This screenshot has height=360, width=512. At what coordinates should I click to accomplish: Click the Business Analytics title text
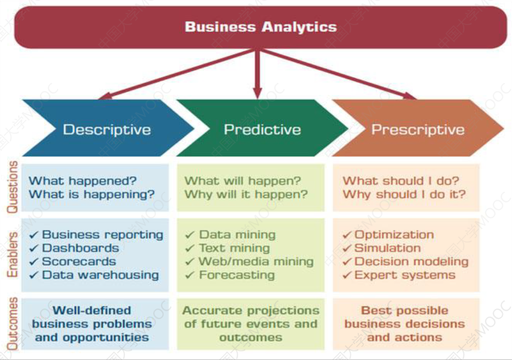tap(261, 27)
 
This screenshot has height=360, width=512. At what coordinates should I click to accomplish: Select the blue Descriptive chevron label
tap(107, 130)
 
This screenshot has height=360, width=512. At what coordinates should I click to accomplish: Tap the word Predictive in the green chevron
tap(262, 130)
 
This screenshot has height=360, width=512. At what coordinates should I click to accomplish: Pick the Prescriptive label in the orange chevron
tap(418, 130)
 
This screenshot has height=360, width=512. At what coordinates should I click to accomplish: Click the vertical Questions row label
tap(12, 187)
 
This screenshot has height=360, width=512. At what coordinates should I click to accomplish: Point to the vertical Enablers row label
tap(12, 255)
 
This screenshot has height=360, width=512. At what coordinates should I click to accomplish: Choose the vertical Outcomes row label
tap(12, 324)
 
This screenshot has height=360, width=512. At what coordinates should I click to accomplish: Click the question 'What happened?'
tap(82, 181)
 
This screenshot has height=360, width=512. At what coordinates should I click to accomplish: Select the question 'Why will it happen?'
tap(246, 194)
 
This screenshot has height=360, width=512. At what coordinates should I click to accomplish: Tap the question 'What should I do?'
tap(401, 181)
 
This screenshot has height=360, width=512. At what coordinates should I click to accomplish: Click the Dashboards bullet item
tap(80, 248)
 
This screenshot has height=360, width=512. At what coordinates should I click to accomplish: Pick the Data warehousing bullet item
tap(101, 275)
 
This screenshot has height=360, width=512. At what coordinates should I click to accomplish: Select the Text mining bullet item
tap(235, 248)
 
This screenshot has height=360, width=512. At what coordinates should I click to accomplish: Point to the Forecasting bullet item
tap(237, 275)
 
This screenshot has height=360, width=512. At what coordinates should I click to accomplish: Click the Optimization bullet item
tap(394, 235)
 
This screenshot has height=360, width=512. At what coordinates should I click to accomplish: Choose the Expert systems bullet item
tap(405, 275)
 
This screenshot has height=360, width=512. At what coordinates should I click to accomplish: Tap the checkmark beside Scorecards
tap(34, 261)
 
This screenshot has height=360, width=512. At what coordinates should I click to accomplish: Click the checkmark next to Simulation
tap(347, 248)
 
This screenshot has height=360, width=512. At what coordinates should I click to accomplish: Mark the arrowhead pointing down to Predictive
tap(258, 93)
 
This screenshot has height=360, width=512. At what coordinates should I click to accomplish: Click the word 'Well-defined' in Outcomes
tap(92, 310)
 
